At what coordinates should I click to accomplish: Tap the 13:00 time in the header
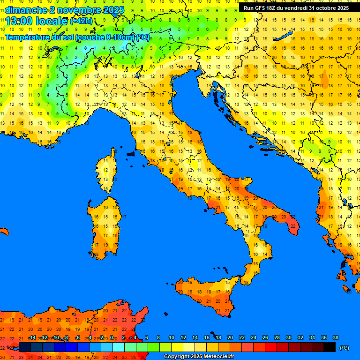19,21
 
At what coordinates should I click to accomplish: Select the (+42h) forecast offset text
81,21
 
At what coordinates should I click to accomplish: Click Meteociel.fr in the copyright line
215,357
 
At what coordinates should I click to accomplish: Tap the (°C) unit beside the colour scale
344,348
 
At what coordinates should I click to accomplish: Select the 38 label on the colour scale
335,337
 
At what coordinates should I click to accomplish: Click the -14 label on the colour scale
32,337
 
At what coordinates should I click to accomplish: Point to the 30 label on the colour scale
288,337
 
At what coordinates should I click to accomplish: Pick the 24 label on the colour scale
253,337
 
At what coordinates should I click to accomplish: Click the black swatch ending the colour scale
330,347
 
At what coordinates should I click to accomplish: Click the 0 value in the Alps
85,47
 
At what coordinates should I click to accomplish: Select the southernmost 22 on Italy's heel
293,226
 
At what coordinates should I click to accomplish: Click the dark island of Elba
131,153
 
